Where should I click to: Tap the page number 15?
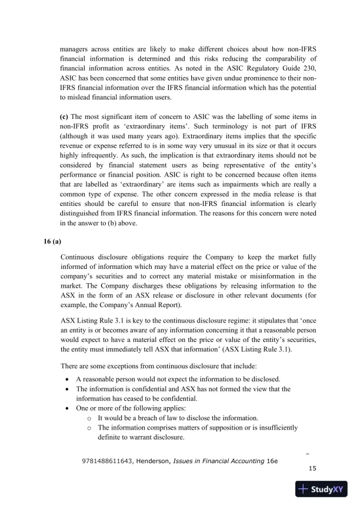tap(312, 468)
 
